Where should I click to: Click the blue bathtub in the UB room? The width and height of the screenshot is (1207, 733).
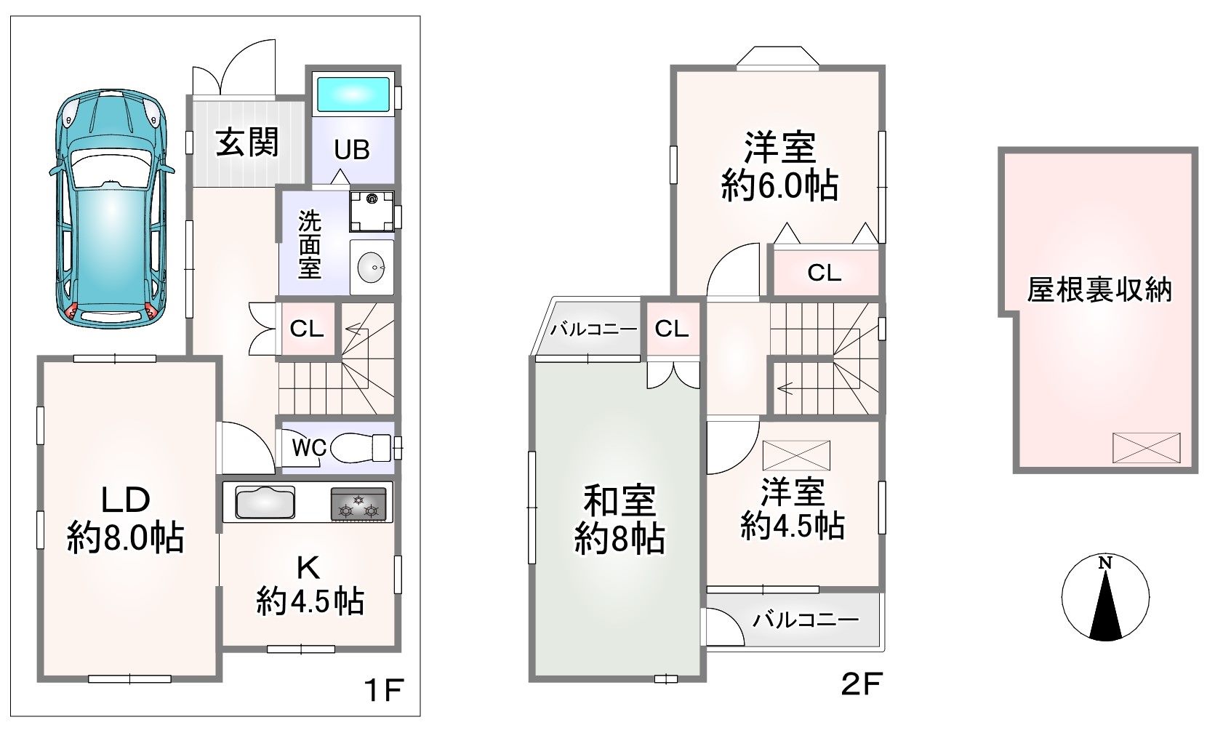(353, 95)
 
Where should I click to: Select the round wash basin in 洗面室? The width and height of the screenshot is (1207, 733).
(372, 267)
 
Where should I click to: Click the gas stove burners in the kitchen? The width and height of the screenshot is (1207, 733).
(358, 504)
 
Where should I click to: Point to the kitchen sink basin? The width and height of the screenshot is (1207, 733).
(265, 502)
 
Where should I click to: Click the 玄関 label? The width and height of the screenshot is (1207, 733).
(247, 143)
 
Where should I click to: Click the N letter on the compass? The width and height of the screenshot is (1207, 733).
(1105, 564)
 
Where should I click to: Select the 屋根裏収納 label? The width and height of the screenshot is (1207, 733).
(1100, 289)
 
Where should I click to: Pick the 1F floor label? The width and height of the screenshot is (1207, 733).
(384, 690)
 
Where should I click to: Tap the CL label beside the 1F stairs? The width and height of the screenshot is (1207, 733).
(307, 328)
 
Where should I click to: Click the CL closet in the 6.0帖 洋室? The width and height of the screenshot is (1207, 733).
(825, 273)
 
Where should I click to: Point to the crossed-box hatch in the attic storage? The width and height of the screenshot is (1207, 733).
(1146, 447)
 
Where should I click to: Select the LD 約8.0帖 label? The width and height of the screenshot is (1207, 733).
(126, 519)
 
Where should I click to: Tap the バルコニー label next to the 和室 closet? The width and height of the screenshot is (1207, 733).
(593, 329)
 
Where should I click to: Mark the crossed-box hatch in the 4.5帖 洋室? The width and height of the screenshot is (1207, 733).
(796, 455)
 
